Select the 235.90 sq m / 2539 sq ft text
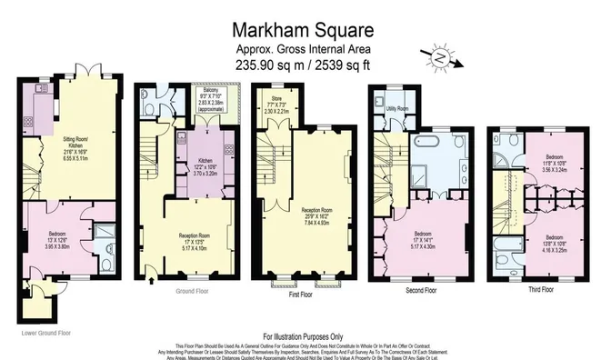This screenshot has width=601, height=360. (x=301, y=65)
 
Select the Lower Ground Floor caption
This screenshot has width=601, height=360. (x=42, y=333)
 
